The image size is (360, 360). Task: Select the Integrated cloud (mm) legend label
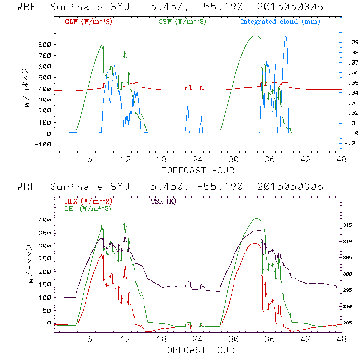(280, 22)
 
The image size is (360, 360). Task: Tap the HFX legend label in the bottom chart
(88, 201)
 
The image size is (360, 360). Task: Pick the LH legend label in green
(88, 208)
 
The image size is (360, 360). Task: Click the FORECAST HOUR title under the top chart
(197, 170)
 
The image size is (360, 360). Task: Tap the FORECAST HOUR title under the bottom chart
(197, 350)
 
